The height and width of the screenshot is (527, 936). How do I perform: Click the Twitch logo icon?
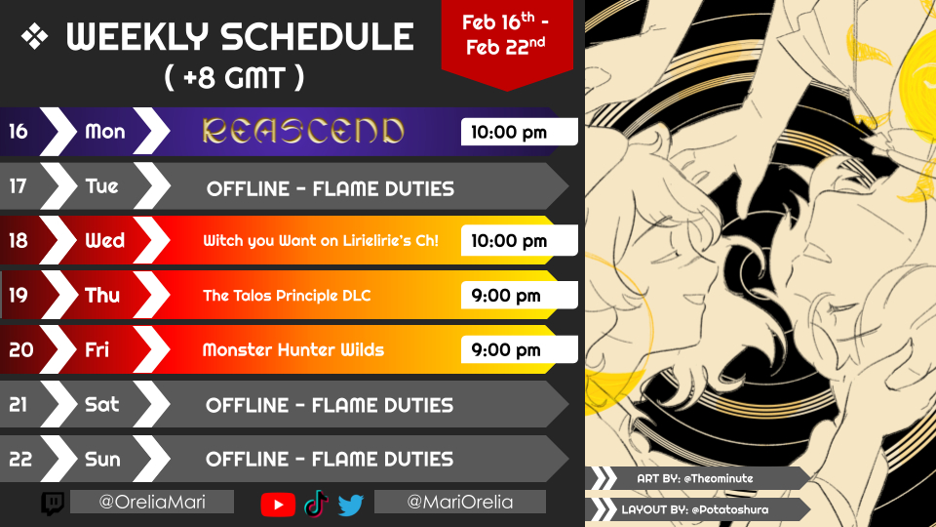(53, 504)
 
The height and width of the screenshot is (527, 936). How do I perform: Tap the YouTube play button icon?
(278, 505)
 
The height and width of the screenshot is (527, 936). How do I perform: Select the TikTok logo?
(316, 504)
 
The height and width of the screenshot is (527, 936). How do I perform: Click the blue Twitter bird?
(351, 505)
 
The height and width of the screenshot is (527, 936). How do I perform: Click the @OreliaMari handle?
(152, 502)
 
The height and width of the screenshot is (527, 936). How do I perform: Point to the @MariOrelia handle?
(459, 502)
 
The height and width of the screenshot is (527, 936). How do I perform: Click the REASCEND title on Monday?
(303, 132)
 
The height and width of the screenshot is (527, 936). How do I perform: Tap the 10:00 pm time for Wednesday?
(509, 241)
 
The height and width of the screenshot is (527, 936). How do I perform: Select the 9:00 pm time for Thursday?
(506, 296)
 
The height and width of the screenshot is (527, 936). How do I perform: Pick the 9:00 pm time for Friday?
(506, 350)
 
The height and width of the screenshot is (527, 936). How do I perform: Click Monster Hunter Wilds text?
(293, 349)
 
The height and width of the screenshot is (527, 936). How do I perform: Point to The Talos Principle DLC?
(287, 296)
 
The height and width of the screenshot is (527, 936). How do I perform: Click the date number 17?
(18, 186)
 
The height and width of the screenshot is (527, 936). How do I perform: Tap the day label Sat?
(102, 404)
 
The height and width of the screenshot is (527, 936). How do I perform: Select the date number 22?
(20, 459)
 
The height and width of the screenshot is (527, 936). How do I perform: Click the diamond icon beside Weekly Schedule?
(35, 37)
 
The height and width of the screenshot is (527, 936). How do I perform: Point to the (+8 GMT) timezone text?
(234, 78)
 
